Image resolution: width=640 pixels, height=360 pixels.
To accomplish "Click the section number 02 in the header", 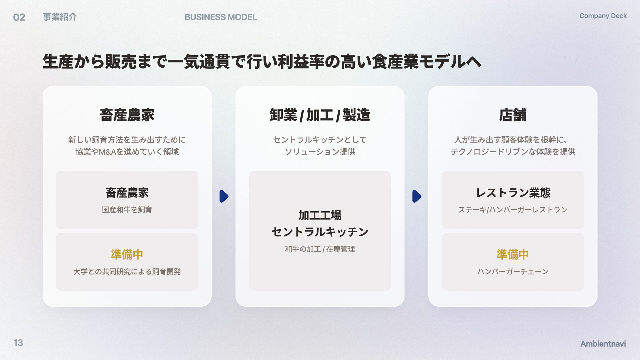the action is tap(19, 17).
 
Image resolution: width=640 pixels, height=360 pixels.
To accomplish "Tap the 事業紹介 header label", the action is tap(60, 17).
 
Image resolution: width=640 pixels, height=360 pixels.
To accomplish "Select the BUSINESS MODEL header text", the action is tap(220, 17).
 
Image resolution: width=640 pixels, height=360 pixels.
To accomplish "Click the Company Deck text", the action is tap(603, 16).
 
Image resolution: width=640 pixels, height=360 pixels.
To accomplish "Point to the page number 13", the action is tap(18, 343).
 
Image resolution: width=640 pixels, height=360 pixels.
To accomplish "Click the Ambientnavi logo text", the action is tap(603, 343).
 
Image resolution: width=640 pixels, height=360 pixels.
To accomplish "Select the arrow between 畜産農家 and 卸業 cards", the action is tap(224, 196).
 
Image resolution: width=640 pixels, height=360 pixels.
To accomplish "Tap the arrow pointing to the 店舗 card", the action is tap(416, 196).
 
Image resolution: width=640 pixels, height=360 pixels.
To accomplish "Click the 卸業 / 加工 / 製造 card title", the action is tap(320, 115).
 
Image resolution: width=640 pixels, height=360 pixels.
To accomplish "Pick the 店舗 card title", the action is tap(512, 115).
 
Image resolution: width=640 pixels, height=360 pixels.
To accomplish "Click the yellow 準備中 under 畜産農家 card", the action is tap(127, 254).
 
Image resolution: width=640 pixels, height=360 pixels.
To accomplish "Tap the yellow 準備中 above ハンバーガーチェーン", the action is tap(512, 254).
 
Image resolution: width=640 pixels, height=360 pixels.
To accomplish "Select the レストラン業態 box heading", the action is tap(513, 193).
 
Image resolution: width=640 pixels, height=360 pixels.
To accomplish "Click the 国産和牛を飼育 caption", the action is tap(127, 210).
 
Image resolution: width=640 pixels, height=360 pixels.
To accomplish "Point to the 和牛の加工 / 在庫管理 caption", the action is tap(320, 249).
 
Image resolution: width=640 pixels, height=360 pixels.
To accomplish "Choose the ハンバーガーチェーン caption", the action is tap(513, 272).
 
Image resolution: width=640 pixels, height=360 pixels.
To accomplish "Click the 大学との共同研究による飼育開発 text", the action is tap(127, 272).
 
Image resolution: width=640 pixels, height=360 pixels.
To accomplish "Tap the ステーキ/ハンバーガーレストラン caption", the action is tap(513, 210).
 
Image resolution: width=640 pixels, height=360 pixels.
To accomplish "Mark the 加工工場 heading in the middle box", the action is tap(320, 215).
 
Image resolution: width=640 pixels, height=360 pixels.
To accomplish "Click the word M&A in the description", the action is tap(107, 152).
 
